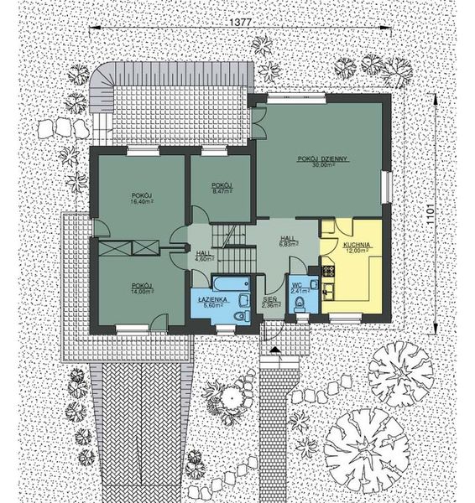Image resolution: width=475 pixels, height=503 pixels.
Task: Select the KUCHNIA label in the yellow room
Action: point(357,244)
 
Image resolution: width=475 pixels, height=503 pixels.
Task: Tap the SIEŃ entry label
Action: point(270,299)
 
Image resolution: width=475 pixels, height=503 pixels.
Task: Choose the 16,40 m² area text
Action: point(141,202)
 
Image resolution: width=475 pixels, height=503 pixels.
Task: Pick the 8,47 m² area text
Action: point(222,191)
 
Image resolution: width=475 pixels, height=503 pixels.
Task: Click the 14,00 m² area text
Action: point(141,292)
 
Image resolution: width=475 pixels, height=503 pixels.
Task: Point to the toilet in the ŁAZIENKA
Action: point(241,315)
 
